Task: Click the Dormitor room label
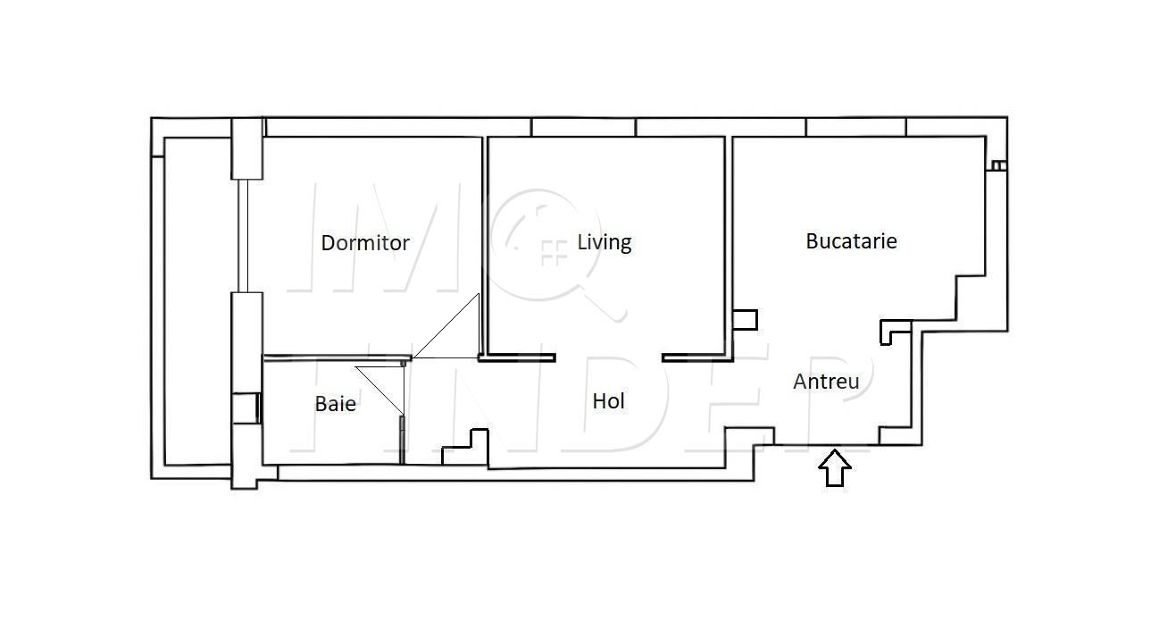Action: pyautogui.click(x=365, y=243)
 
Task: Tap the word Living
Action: pyautogui.click(x=604, y=242)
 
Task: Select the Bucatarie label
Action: pyautogui.click(x=851, y=241)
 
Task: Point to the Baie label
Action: pyautogui.click(x=335, y=404)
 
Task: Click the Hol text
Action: pyautogui.click(x=608, y=401)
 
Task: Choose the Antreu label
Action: pyautogui.click(x=826, y=382)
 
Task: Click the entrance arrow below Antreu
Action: pyautogui.click(x=835, y=468)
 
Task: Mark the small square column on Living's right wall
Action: pyautogui.click(x=745, y=319)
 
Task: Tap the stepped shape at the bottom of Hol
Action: pyautogui.click(x=467, y=448)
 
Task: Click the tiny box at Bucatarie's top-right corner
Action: pyautogui.click(x=997, y=165)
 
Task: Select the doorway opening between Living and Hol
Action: pyautogui.click(x=608, y=357)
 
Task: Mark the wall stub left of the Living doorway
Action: pyautogui.click(x=517, y=357)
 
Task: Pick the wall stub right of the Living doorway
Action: pyautogui.click(x=697, y=357)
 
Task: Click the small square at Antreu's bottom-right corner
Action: pyautogui.click(x=892, y=435)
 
